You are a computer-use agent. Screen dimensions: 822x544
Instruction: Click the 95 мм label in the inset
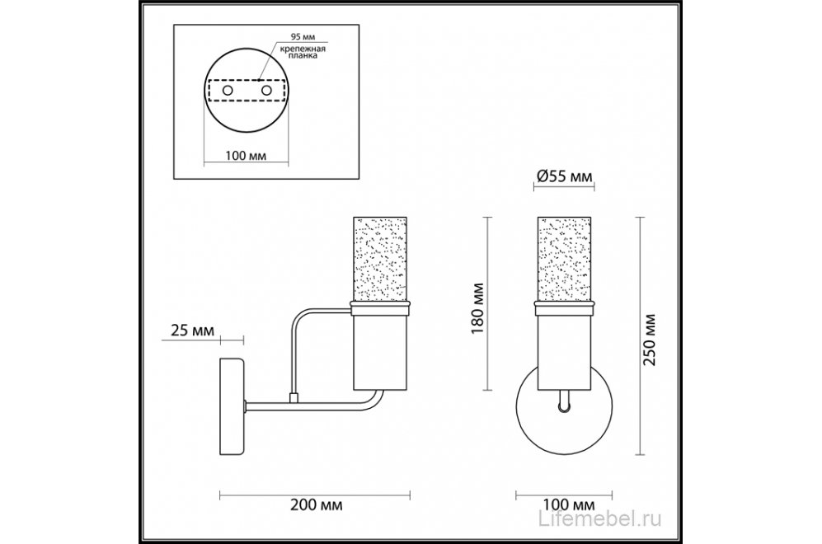click(x=303, y=37)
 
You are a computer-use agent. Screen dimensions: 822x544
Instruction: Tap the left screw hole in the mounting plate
click(x=228, y=91)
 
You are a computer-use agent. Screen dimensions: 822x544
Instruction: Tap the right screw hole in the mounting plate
click(x=267, y=91)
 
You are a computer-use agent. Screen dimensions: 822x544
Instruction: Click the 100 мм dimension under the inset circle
click(x=246, y=156)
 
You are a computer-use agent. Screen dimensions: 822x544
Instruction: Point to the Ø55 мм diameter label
click(x=564, y=176)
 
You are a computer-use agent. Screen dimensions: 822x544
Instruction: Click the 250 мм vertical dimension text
click(x=650, y=340)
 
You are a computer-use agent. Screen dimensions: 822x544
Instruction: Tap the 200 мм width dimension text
click(x=316, y=504)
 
